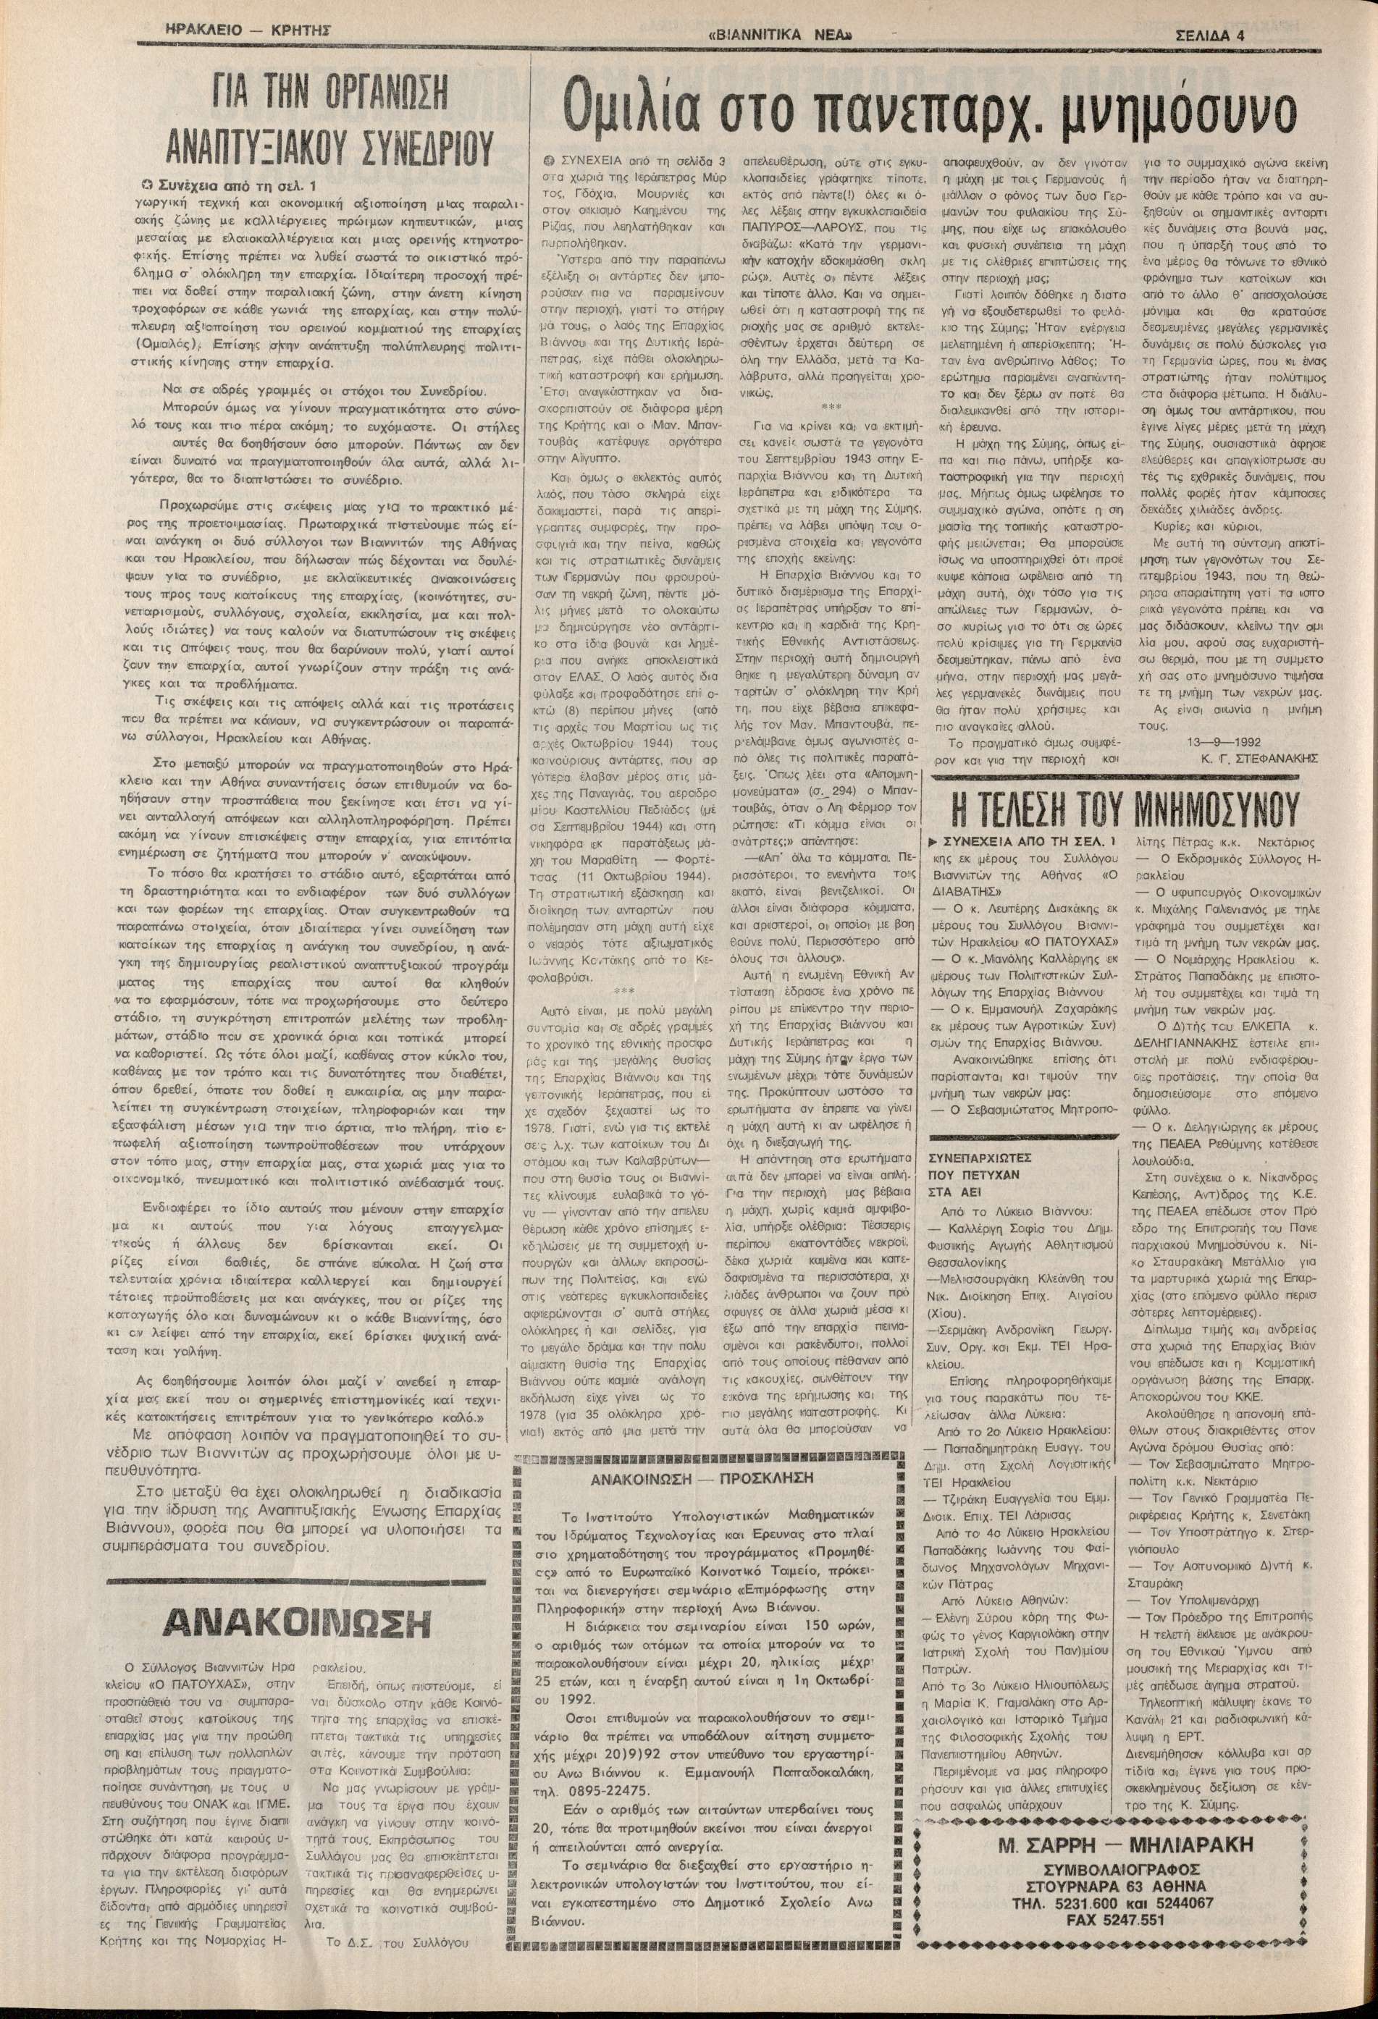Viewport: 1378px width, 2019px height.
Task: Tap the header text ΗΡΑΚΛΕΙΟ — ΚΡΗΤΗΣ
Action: coord(251,31)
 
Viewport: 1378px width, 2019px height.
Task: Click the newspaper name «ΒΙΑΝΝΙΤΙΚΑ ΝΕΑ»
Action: coord(778,35)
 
